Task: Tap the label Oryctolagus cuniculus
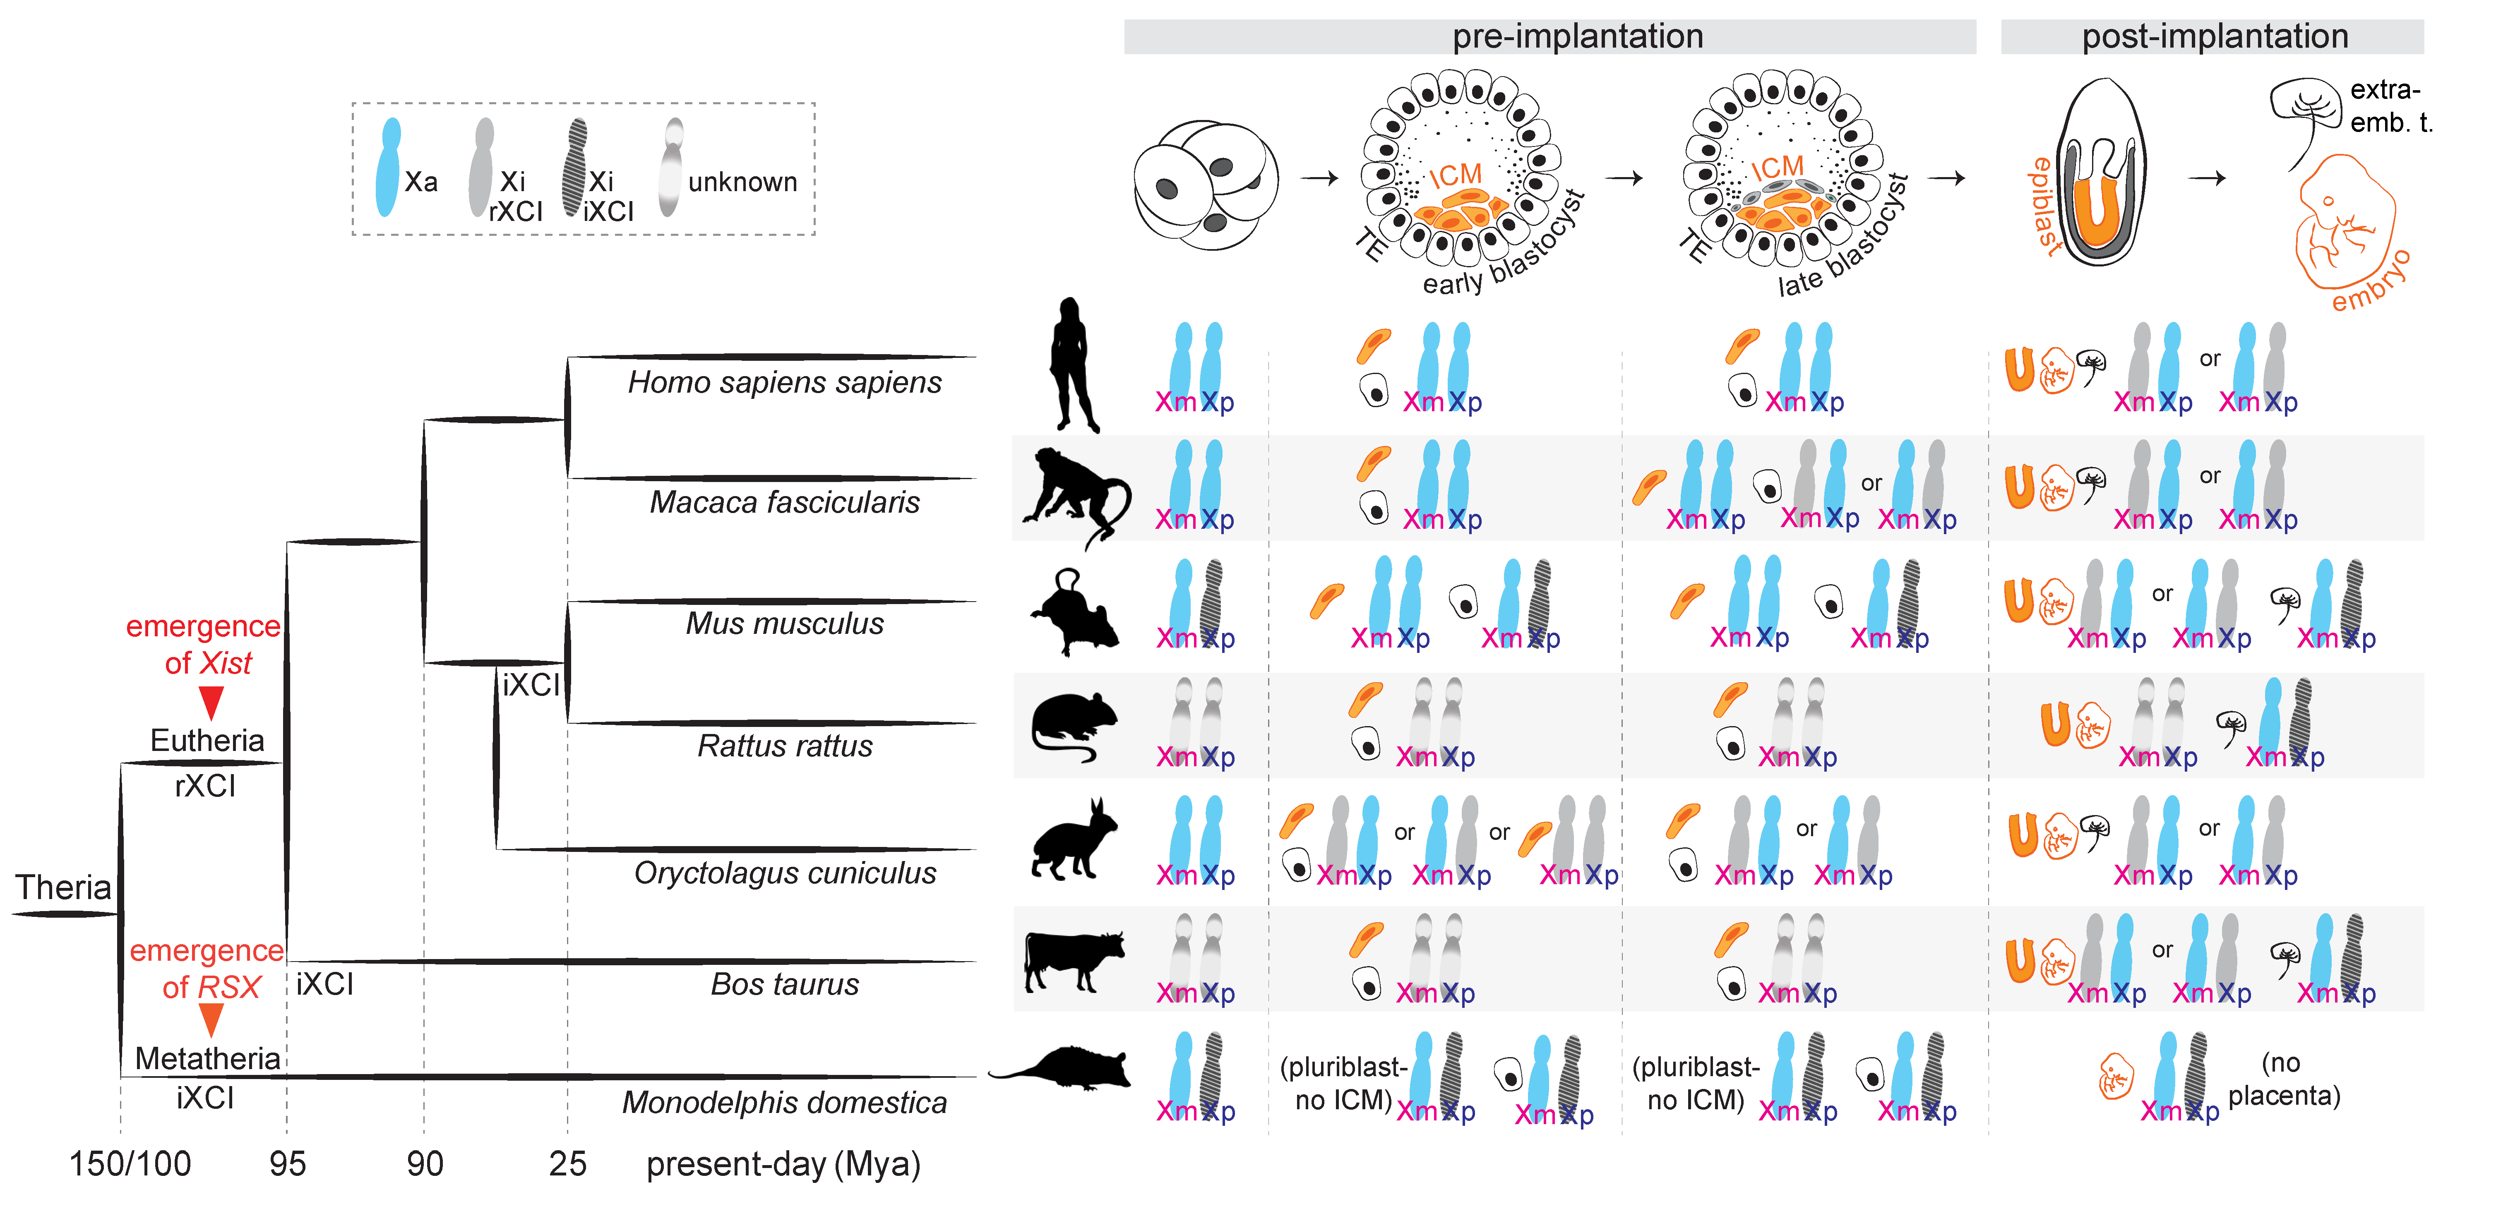click(785, 873)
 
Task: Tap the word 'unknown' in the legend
click(742, 182)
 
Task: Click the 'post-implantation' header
click(2214, 37)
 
